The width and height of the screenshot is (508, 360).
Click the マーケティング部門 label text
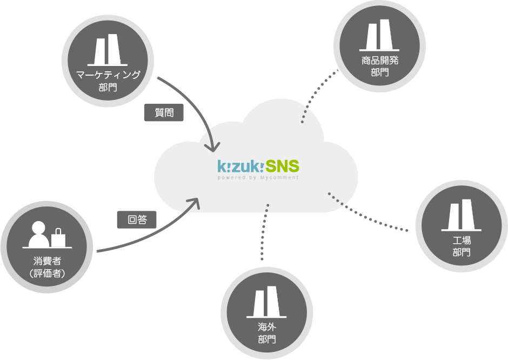pyautogui.click(x=108, y=80)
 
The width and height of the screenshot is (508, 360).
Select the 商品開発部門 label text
pyautogui.click(x=380, y=66)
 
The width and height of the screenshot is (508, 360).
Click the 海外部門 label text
pyautogui.click(x=266, y=333)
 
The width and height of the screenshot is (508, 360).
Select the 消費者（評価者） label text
pyautogui.click(x=48, y=268)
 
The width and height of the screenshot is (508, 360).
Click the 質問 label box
pyautogui.click(x=164, y=112)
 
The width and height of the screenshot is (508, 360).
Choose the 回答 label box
pyautogui.click(x=137, y=219)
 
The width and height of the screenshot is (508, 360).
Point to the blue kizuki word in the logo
pyautogui.click(x=240, y=166)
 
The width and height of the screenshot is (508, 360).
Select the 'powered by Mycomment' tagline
pyautogui.click(x=258, y=177)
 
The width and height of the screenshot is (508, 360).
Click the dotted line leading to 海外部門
pyautogui.click(x=264, y=232)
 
